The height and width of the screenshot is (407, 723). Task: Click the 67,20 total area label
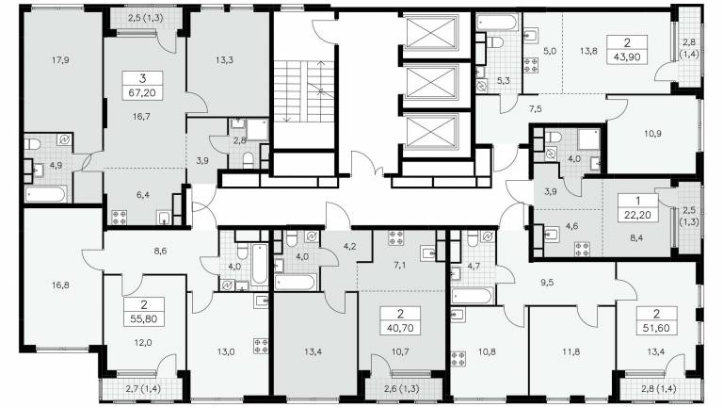point(142,92)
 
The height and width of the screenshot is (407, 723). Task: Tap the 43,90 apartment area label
point(627,57)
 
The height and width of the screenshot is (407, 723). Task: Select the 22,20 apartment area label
point(638,214)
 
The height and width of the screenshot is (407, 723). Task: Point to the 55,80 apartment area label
point(144,318)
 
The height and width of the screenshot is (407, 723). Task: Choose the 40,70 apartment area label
point(400,328)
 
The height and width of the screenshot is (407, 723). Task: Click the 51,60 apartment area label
point(656,328)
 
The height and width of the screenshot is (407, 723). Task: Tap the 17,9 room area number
point(60,60)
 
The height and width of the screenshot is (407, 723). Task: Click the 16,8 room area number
point(60,285)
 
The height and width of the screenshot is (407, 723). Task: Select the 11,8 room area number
point(570,351)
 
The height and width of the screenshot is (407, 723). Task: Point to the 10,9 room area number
point(653,134)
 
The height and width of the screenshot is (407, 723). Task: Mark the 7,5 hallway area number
point(536,109)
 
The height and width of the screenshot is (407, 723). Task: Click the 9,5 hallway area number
point(547,283)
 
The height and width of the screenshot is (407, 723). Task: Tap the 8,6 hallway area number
point(160,251)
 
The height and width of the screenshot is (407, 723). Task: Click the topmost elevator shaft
point(431,31)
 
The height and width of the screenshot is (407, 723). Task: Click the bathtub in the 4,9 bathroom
point(46,194)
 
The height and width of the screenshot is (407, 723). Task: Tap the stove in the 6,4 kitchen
point(120,218)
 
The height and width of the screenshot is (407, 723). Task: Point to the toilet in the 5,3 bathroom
point(495,42)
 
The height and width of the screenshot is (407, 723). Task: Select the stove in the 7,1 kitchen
point(396,237)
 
